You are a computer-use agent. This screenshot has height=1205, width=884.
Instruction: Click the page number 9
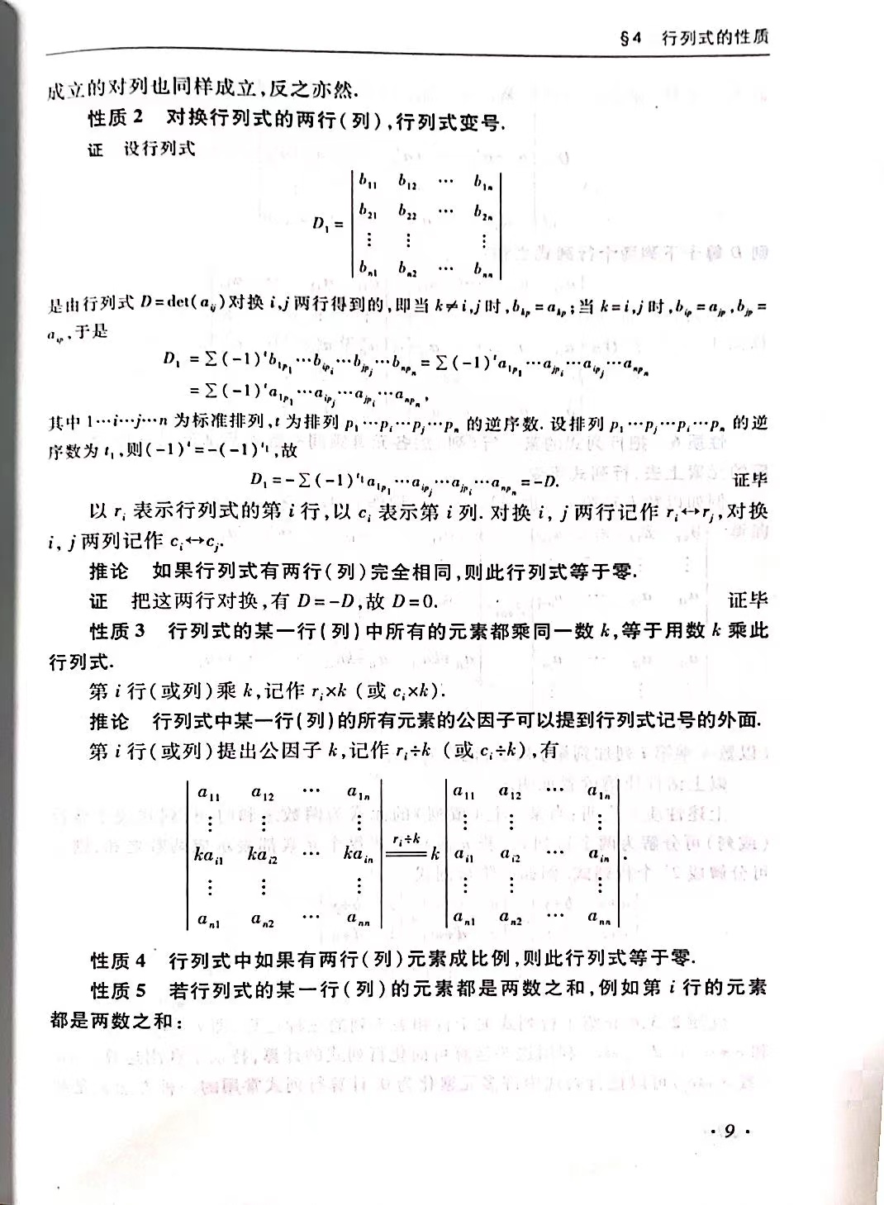click(729, 1130)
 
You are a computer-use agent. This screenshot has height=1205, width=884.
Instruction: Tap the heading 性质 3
click(116, 631)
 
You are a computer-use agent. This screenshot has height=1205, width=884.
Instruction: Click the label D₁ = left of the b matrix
click(327, 223)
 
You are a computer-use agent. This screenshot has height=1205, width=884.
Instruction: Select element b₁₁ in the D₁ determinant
click(368, 182)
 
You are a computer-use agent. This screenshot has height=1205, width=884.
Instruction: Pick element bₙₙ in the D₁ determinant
click(483, 268)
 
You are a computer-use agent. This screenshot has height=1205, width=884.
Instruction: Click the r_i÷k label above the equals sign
click(406, 838)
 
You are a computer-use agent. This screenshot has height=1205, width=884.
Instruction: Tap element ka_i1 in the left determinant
click(209, 856)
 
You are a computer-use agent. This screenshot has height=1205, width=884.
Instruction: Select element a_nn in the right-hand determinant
click(598, 916)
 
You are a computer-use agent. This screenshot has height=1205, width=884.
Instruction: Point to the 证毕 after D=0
click(747, 600)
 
